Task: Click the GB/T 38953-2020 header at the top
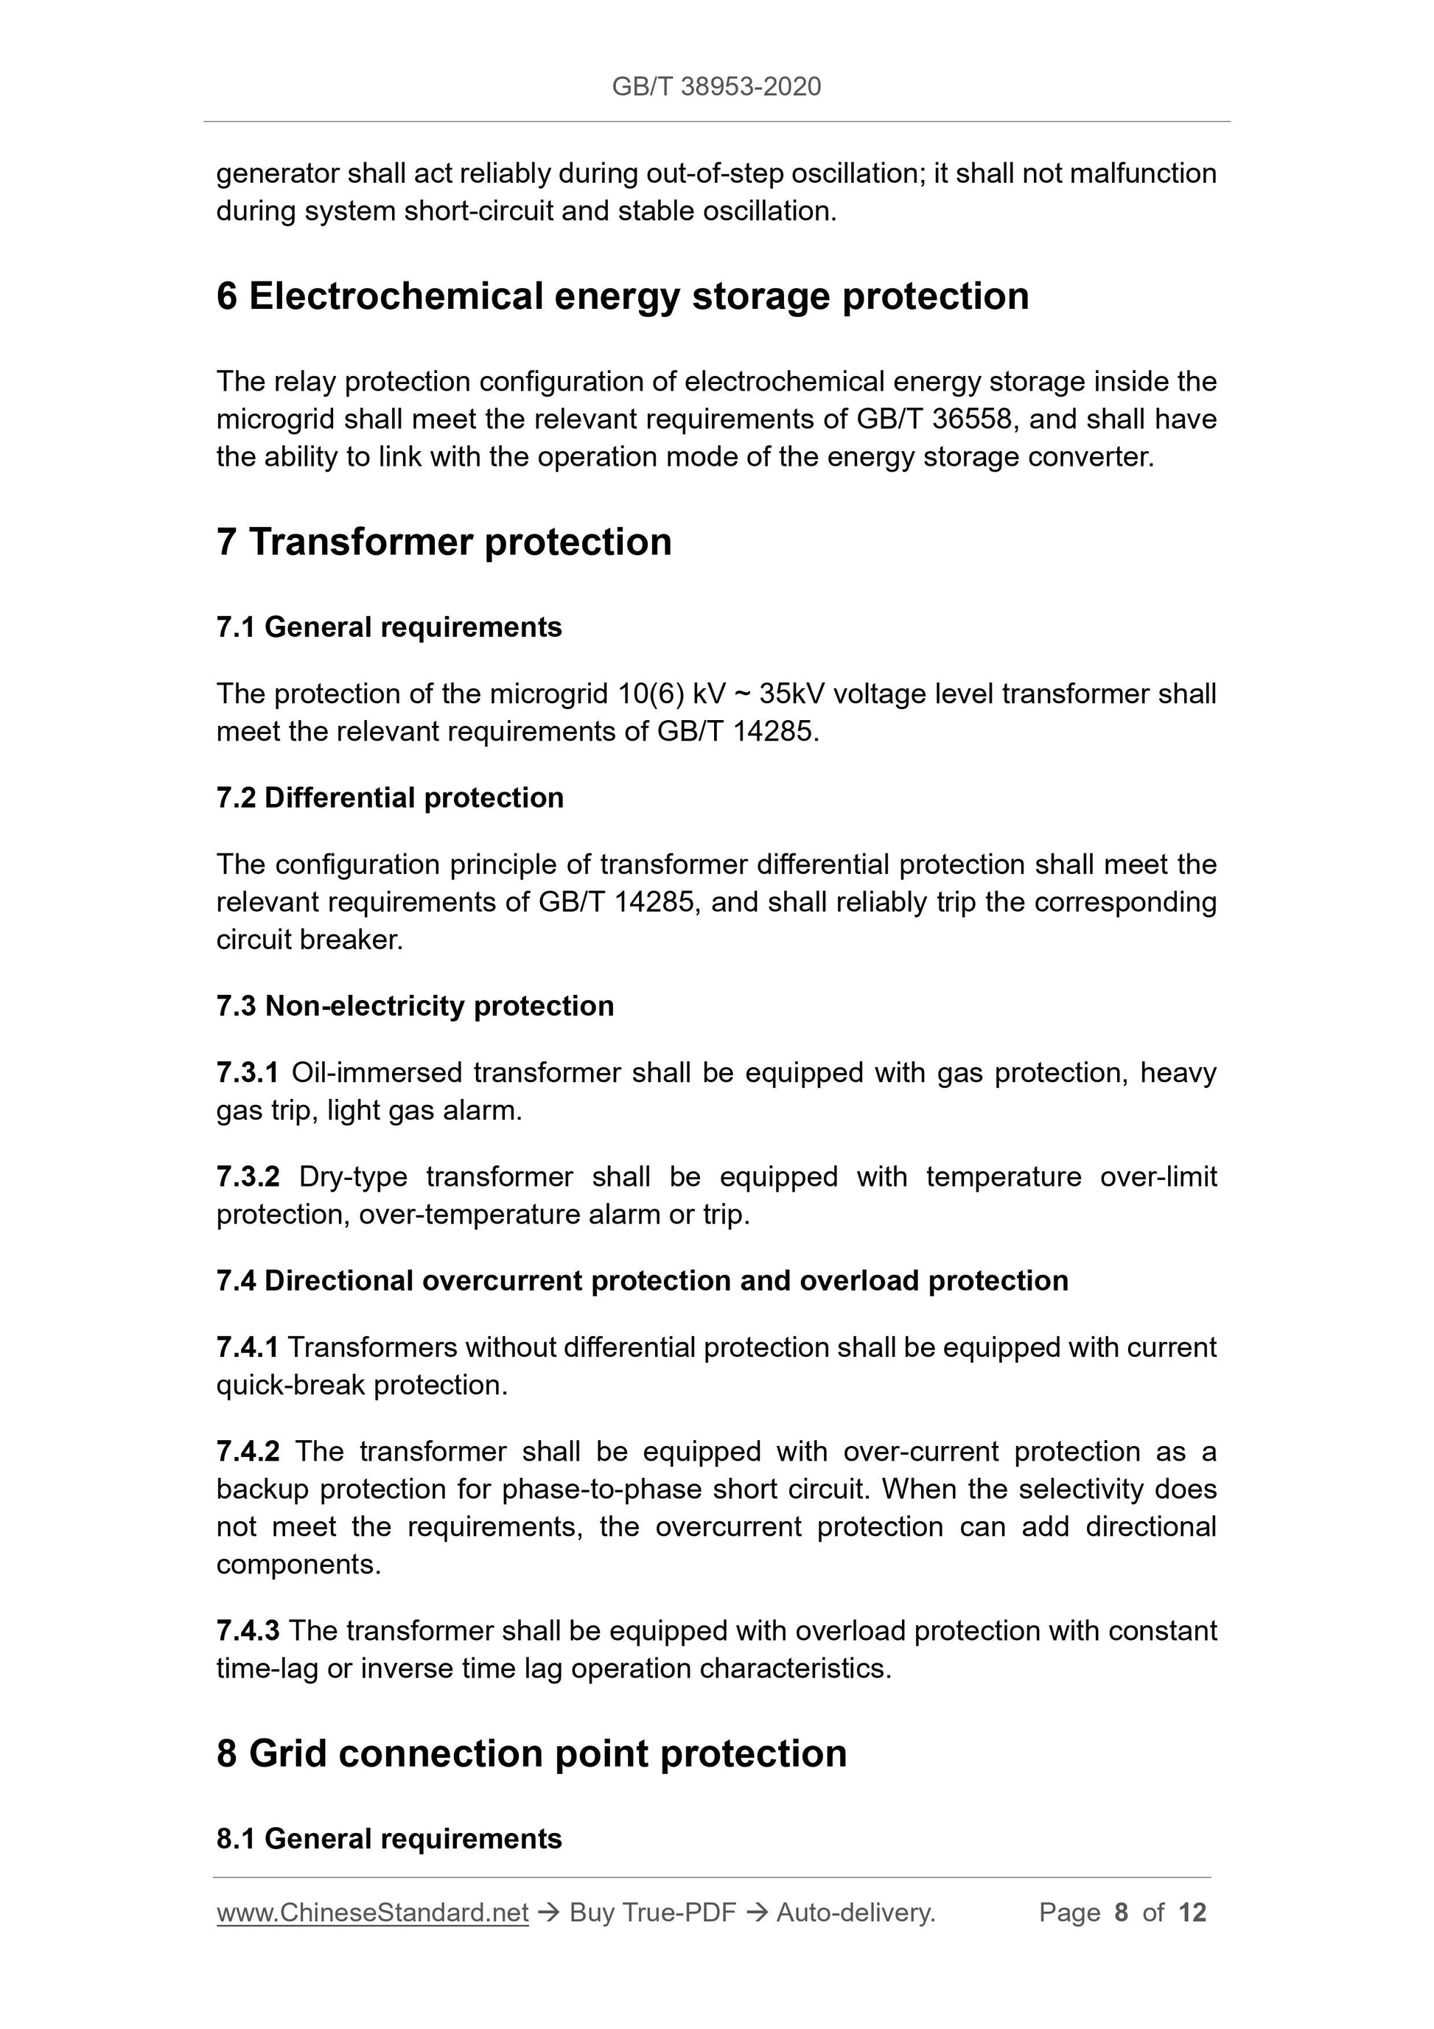pyautogui.click(x=716, y=87)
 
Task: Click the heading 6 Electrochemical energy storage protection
pyautogui.click(x=622, y=296)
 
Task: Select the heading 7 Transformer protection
pyautogui.click(x=444, y=542)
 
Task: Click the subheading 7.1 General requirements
pyautogui.click(x=389, y=627)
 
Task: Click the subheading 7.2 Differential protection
pyautogui.click(x=390, y=798)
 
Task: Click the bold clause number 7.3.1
pyautogui.click(x=248, y=1073)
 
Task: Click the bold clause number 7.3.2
pyautogui.click(x=248, y=1177)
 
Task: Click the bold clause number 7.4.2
pyautogui.click(x=248, y=1452)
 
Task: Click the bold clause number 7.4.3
pyautogui.click(x=248, y=1631)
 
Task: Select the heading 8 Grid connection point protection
pyautogui.click(x=531, y=1754)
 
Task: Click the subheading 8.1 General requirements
pyautogui.click(x=389, y=1839)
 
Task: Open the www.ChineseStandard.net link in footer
pyautogui.click(x=372, y=1913)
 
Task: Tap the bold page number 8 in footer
pyautogui.click(x=1122, y=1913)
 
